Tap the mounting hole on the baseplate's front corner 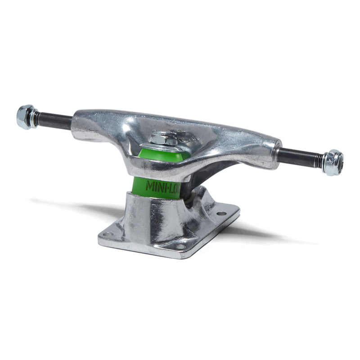(180, 247)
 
